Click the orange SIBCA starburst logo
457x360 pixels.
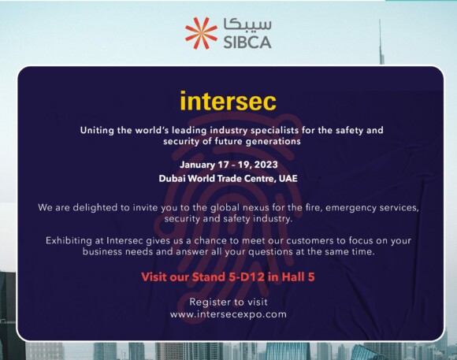[x=201, y=33]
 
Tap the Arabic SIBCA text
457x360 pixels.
[x=247, y=24]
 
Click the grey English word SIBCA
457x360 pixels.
[x=247, y=42]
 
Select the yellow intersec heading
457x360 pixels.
[x=228, y=101]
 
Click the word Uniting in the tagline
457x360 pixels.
[x=97, y=130]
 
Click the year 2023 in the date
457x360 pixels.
[x=266, y=165]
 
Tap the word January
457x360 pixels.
[x=197, y=165]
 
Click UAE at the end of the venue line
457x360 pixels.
[x=288, y=178]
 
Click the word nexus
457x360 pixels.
[x=256, y=208]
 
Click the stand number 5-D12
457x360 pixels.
[x=247, y=276]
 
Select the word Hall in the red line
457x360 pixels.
[x=293, y=276]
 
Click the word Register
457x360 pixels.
[x=209, y=302]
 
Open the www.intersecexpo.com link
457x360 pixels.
[x=228, y=314]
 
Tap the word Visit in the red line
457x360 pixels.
[x=154, y=276]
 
